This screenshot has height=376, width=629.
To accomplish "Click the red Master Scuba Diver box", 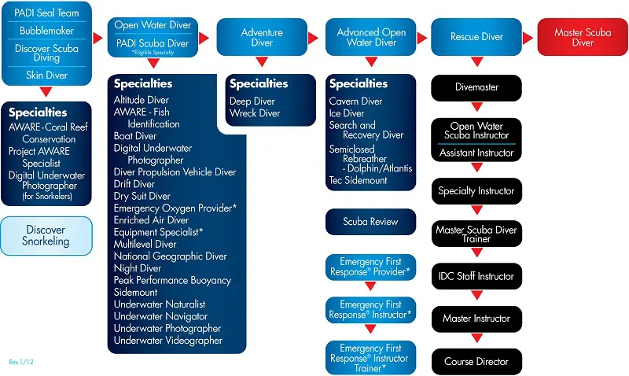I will click(x=583, y=38).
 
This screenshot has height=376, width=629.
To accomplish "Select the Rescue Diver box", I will click(x=476, y=37).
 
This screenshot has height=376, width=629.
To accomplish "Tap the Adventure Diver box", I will click(x=262, y=37).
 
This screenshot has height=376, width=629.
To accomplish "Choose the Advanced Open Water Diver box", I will click(x=371, y=37).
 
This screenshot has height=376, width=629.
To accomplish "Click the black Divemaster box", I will click(x=476, y=87).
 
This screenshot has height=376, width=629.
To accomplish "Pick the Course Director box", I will click(x=476, y=362).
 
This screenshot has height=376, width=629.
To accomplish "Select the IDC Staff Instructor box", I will click(x=476, y=276).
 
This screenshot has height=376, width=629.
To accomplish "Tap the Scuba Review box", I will click(x=370, y=222).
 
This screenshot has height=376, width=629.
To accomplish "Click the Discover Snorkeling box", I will click(x=46, y=236).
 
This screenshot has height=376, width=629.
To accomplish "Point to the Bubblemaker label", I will click(x=45, y=31).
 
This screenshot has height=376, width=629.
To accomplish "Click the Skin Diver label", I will click(x=45, y=76).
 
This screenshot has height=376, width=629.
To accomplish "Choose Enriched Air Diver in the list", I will click(x=151, y=220).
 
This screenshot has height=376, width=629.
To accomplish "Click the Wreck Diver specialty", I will click(x=255, y=113).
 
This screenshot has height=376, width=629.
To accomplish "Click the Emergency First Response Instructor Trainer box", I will click(x=370, y=358).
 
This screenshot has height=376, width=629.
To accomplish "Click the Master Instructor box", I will click(x=476, y=319).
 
